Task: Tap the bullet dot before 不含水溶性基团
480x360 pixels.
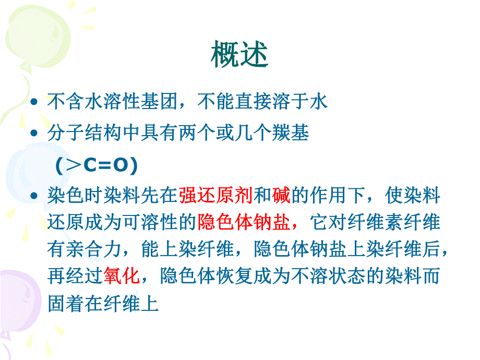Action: click(34, 102)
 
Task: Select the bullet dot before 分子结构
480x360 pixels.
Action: click(34, 134)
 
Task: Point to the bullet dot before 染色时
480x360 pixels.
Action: click(34, 197)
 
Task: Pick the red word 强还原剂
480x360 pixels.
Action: click(215, 197)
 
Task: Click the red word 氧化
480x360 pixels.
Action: click(122, 276)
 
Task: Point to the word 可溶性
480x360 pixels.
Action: click(158, 223)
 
